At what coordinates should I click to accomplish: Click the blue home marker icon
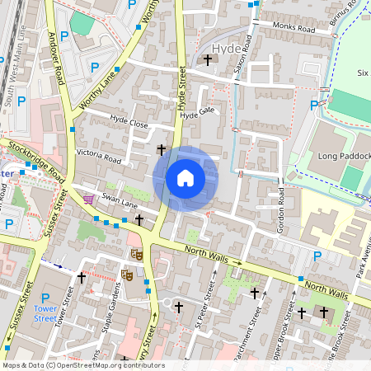pyautogui.click(x=185, y=178)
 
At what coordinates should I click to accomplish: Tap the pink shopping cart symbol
pyautogui.click(x=88, y=199)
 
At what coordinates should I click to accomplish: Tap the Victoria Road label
pyautogui.click(x=99, y=156)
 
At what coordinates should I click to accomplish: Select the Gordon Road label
pyautogui.click(x=281, y=209)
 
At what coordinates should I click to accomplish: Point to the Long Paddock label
pyautogui.click(x=339, y=156)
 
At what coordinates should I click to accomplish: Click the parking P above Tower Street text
pyautogui.click(x=45, y=298)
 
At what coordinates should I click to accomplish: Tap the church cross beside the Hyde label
pyautogui.click(x=207, y=59)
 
